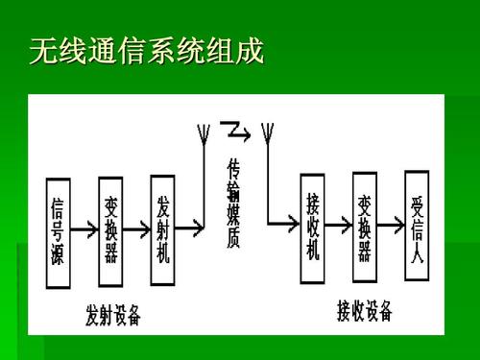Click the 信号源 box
pos(59,228)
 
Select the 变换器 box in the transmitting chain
pos(111,228)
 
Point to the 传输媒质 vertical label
pos(233,204)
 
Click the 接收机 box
pos(312,228)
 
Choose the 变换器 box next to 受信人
pos(365,228)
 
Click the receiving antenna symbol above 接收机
pos(268,134)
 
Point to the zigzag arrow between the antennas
pos(235,129)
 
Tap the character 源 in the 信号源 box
pos(59,252)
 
